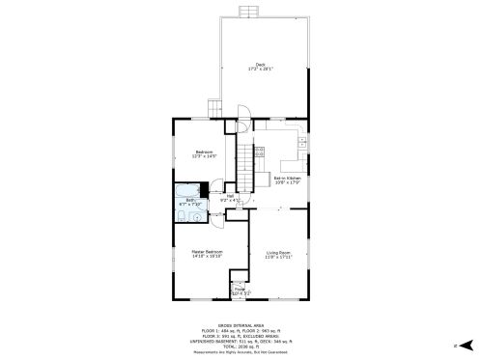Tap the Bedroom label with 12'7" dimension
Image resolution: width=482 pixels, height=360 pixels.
(x=204, y=152)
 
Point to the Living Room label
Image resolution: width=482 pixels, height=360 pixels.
(x=278, y=254)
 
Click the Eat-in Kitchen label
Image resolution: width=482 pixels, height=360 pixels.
(x=288, y=180)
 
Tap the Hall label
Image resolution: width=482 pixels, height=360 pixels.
(x=230, y=198)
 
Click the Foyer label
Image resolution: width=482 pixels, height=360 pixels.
(x=240, y=291)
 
